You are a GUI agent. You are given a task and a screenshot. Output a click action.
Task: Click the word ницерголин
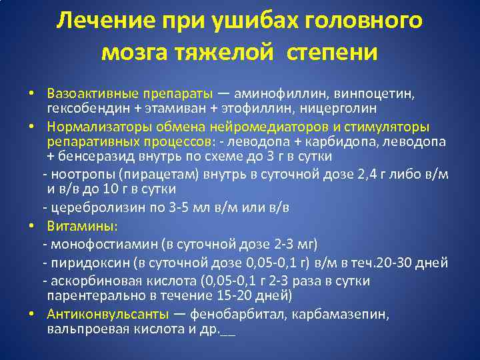[337, 107]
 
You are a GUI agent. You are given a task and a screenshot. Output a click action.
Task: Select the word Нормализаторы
[93, 127]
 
